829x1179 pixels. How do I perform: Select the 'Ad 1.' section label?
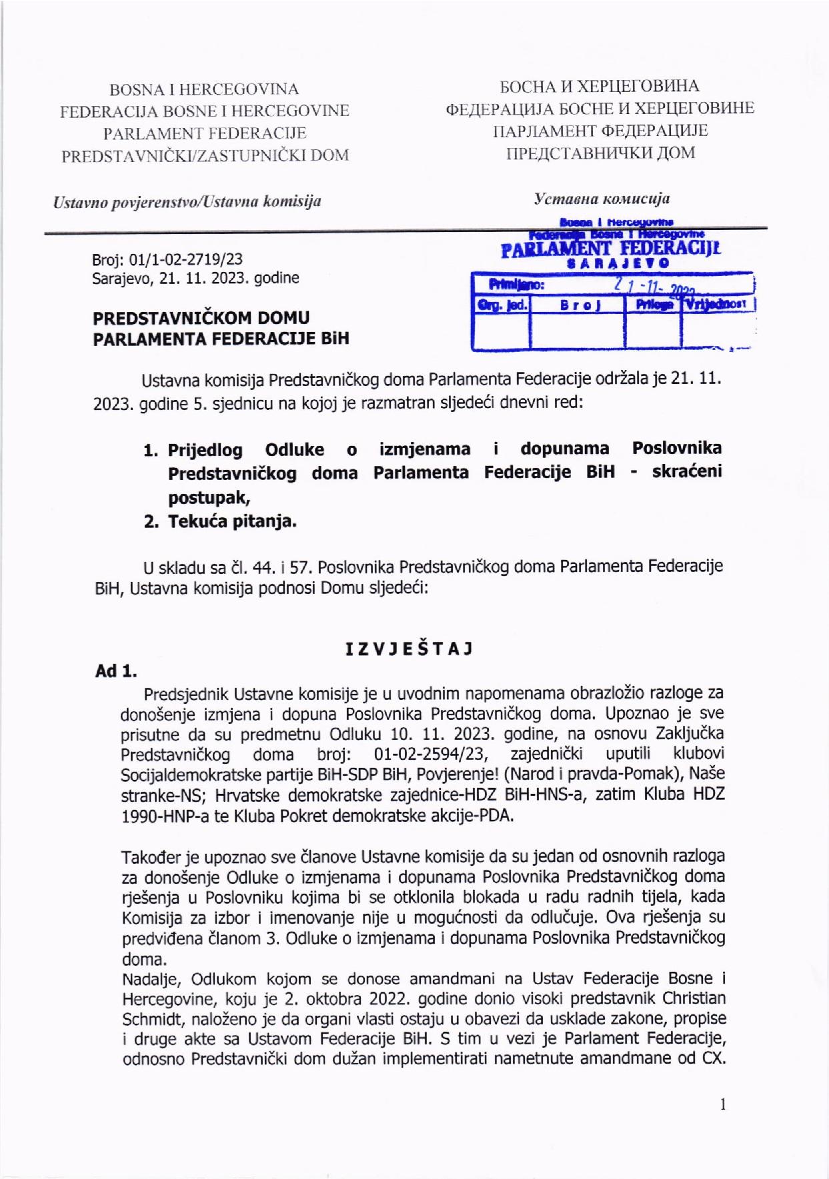[x=116, y=671]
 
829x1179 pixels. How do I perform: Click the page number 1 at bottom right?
[x=722, y=1104]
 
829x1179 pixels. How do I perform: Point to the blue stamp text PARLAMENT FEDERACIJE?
[x=610, y=249]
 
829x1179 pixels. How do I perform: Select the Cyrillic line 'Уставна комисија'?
[x=602, y=199]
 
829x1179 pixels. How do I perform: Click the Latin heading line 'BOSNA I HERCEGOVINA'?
[x=204, y=89]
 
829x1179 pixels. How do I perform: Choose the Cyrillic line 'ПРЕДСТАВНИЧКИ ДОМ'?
[x=600, y=153]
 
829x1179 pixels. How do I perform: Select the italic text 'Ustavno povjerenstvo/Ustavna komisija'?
[x=187, y=201]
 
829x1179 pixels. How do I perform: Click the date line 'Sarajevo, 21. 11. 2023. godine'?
[x=195, y=278]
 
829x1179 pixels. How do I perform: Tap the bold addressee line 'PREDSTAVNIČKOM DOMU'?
[x=201, y=317]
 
